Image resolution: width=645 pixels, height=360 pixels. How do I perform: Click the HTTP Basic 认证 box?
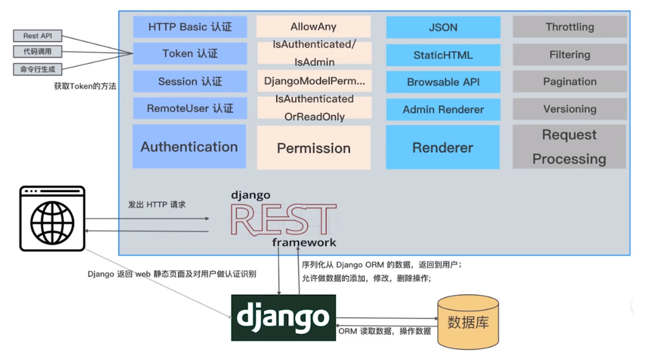coord(190,27)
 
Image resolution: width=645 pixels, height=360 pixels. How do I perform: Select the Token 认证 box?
coord(190,54)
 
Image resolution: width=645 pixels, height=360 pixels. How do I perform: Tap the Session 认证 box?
coord(190,81)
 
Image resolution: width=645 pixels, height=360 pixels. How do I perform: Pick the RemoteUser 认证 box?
coord(190,109)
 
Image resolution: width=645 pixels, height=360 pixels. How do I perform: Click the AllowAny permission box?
coord(313,27)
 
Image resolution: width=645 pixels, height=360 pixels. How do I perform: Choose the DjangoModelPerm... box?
coord(314,81)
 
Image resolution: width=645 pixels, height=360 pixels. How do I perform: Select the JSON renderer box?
coord(443,27)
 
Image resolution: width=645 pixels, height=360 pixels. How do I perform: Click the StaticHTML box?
coord(443,55)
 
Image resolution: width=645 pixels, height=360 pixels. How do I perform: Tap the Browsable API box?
coord(443,82)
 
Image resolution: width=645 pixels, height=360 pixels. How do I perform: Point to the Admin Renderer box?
coord(443,110)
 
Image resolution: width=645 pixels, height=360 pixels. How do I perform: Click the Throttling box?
coord(570,27)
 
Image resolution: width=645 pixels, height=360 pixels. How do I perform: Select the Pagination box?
coord(570,81)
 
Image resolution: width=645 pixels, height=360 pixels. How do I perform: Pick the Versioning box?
coord(570,109)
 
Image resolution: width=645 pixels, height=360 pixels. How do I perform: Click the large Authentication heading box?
coord(189,147)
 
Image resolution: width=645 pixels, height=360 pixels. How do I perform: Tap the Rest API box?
coord(38,36)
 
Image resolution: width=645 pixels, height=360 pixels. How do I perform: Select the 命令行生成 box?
coord(38,69)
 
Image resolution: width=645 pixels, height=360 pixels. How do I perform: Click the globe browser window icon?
coord(52,218)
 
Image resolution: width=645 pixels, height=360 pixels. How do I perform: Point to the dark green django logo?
coord(283,317)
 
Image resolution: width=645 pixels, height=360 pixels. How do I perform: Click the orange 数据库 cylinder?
coord(468,322)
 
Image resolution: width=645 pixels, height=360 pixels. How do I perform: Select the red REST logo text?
coord(283,220)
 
